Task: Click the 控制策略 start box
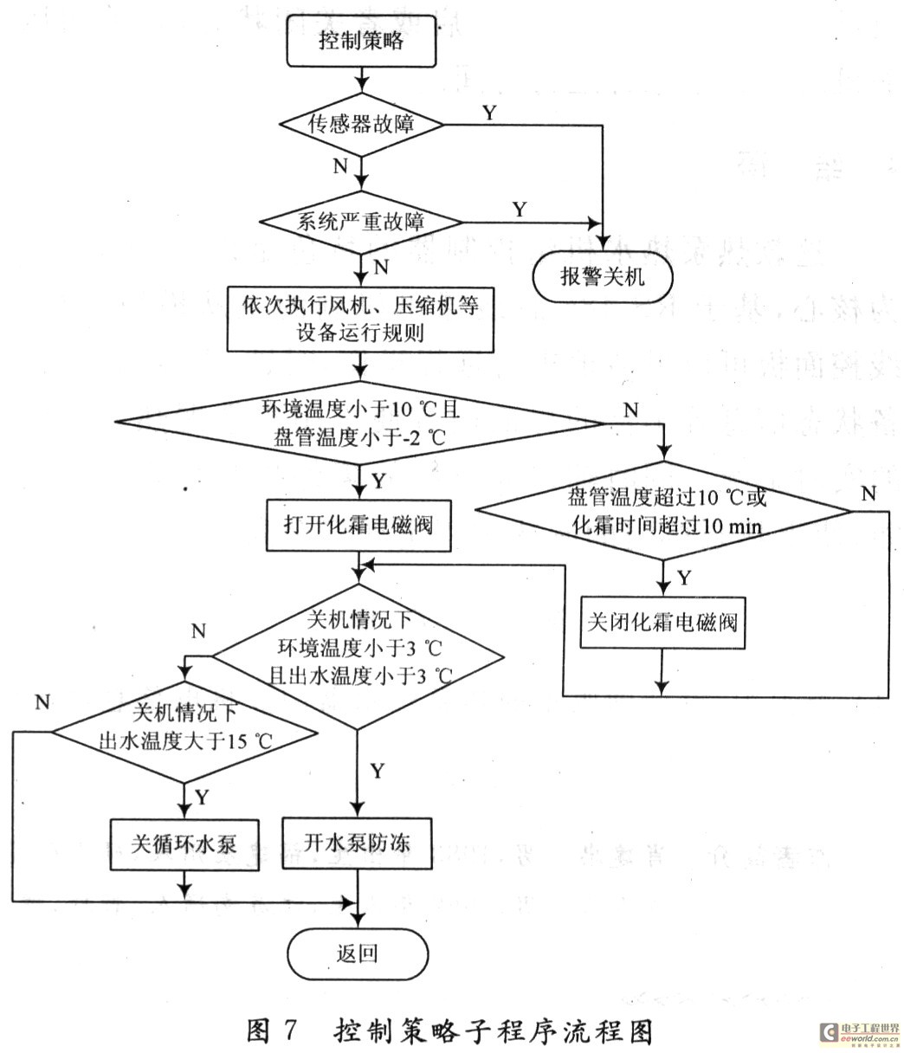(360, 42)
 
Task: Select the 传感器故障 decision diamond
(361, 124)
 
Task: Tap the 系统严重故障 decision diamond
(361, 221)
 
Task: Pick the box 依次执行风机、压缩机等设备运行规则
(360, 320)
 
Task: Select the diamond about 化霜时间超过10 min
(665, 511)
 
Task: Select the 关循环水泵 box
(183, 843)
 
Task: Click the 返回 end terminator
(357, 954)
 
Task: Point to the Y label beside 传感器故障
(490, 113)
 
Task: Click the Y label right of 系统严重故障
(520, 209)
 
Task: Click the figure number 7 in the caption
(289, 1030)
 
